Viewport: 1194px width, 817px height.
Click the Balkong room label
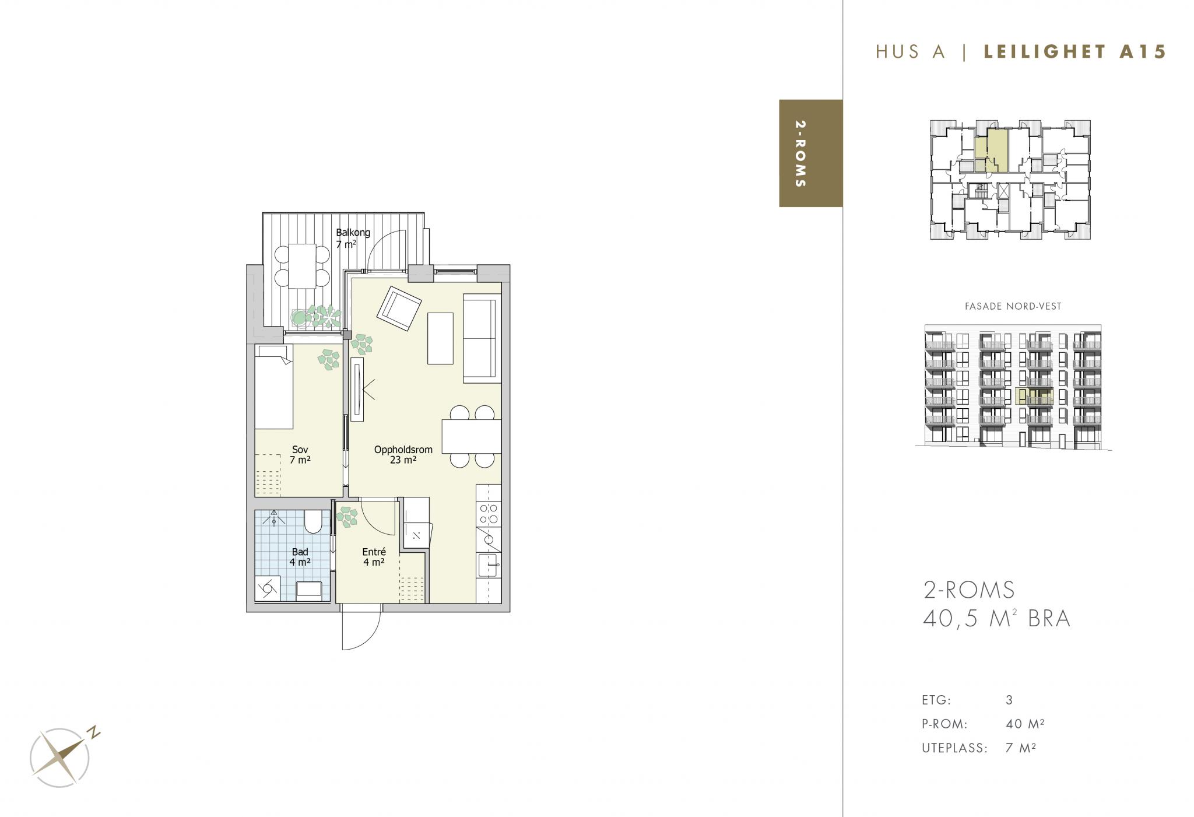pos(353,233)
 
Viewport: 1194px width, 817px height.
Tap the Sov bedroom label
pos(300,450)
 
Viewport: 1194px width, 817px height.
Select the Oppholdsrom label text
pos(403,450)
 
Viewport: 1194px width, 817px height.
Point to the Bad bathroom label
pos(300,552)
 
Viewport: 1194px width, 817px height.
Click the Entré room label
pos(374,552)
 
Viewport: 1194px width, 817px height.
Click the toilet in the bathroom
pos(312,522)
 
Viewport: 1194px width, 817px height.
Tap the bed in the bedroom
pos(273,387)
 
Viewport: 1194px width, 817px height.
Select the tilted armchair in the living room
pos(399,308)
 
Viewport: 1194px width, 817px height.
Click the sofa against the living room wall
pos(482,338)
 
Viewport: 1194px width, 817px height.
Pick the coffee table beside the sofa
pos(440,338)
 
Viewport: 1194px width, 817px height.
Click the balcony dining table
pos(301,266)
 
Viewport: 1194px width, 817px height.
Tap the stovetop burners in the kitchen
pos(489,513)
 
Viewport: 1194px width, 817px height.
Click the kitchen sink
pos(489,565)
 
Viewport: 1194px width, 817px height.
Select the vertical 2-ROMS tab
pos(810,153)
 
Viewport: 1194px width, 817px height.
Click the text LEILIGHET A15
pos(1074,52)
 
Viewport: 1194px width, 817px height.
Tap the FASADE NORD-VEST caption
pos(1013,306)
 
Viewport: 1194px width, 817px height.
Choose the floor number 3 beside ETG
pos(1009,700)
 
